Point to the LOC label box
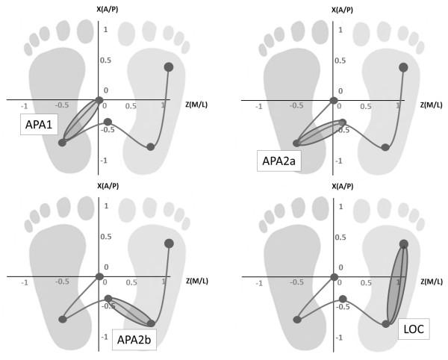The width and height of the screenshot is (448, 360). pyautogui.click(x=412, y=328)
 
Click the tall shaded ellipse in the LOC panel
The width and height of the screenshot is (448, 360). pyautogui.click(x=396, y=282)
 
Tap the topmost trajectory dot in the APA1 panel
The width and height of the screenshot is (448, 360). pyautogui.click(x=169, y=67)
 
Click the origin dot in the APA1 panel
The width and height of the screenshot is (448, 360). pyautogui.click(x=99, y=100)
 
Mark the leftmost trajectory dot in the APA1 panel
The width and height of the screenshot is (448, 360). pyautogui.click(x=62, y=142)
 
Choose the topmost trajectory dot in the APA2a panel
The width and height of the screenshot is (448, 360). pyautogui.click(x=403, y=67)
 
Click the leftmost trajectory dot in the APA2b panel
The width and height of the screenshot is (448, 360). pyautogui.click(x=62, y=319)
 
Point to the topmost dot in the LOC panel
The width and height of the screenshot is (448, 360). pyautogui.click(x=403, y=244)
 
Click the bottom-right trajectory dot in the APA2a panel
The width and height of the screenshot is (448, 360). pyautogui.click(x=385, y=147)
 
